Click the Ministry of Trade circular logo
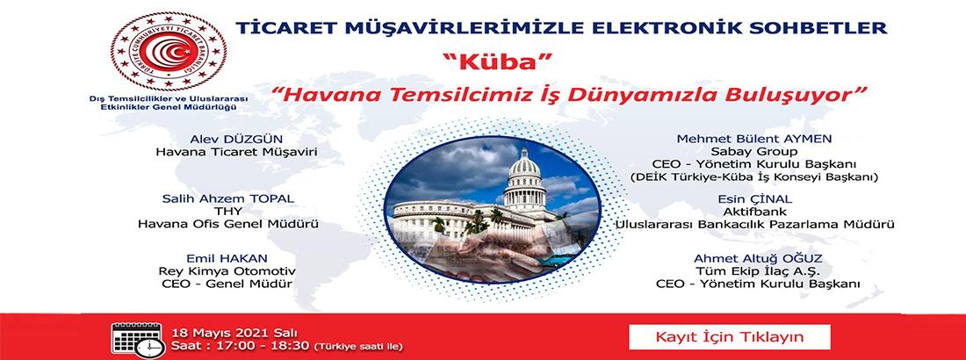coord(169,51)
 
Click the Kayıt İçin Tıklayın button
coord(730,337)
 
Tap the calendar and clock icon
coord(138,340)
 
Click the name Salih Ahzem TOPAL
coord(228,198)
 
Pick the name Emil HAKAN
coord(228,258)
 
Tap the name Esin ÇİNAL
coord(754,199)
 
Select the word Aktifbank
coord(754,212)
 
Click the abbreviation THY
coord(228,211)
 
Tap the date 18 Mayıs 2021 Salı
coord(227,333)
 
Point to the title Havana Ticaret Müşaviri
coord(237,152)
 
